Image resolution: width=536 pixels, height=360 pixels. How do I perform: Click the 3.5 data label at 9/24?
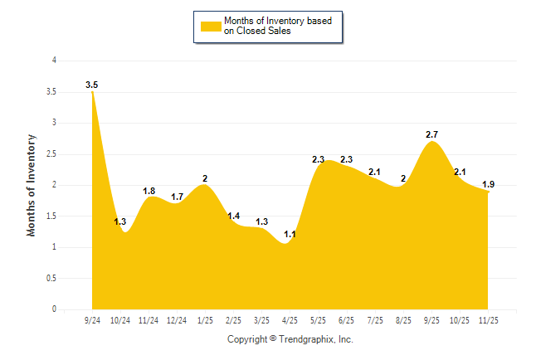click(92, 85)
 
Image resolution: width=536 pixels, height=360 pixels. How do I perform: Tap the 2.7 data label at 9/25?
click(431, 134)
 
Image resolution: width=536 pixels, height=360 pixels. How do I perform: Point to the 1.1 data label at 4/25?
click(290, 234)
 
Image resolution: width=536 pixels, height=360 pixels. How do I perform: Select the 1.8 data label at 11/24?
click(149, 191)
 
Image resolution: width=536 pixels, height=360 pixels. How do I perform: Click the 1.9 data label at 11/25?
click(488, 184)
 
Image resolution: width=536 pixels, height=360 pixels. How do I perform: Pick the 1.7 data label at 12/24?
click(177, 197)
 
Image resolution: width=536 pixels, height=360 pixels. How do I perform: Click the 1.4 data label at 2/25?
click(233, 216)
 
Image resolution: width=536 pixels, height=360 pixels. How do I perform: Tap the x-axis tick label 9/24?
click(92, 320)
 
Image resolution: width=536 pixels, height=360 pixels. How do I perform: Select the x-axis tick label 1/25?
click(205, 320)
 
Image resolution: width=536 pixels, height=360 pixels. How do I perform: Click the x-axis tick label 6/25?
click(347, 320)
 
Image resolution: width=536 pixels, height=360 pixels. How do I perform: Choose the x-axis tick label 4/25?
click(290, 320)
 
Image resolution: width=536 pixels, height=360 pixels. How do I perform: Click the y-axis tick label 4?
click(54, 61)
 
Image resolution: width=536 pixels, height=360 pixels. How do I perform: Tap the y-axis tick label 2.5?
click(51, 153)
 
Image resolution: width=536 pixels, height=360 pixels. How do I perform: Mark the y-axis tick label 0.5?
click(51, 279)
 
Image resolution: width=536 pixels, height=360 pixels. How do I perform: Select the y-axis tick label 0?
click(54, 309)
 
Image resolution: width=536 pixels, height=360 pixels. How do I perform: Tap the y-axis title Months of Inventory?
click(32, 185)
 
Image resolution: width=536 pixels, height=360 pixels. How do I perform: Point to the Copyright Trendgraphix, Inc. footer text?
click(290, 339)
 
